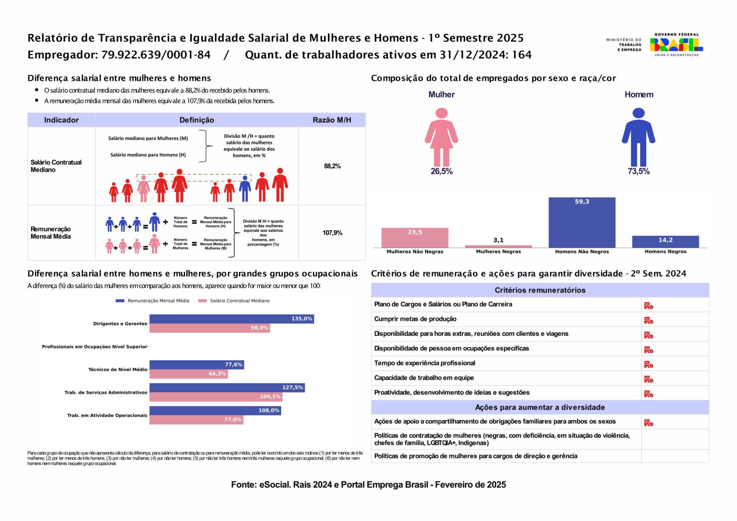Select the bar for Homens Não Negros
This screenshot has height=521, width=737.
(582, 223)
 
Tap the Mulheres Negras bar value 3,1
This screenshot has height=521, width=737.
(498, 240)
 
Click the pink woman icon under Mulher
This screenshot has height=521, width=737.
(441, 137)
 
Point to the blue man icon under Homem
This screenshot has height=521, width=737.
(638, 137)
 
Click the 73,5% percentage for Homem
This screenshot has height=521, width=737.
(638, 171)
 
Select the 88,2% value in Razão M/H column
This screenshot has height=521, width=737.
(332, 166)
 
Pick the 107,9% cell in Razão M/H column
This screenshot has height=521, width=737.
(332, 233)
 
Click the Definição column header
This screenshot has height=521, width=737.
(197, 120)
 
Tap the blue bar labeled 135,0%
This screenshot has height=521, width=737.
(231, 319)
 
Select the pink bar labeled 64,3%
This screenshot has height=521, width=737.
(188, 374)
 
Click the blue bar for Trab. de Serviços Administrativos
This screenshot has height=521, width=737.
(227, 387)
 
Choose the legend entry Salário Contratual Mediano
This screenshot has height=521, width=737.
(234, 301)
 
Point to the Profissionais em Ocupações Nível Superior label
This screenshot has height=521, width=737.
(94, 347)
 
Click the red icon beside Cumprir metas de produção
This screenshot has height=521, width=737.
(648, 320)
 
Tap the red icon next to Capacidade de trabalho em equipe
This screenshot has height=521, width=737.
(648, 379)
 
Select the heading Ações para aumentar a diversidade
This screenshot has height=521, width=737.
(540, 407)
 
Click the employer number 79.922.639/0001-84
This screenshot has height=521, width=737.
(156, 55)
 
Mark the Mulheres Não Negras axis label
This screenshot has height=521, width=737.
(415, 252)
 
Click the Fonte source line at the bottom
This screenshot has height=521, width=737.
(368, 485)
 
